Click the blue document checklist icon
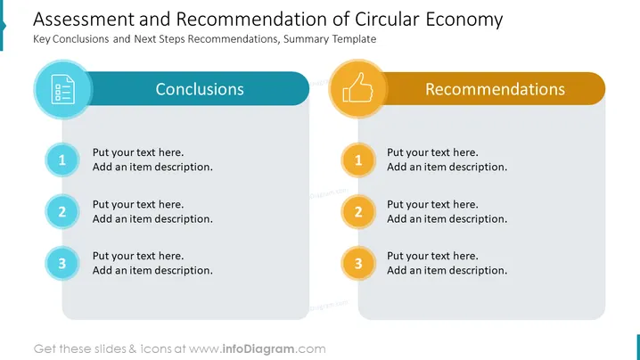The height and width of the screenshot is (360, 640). (63, 89)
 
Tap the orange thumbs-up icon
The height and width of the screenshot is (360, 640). (358, 87)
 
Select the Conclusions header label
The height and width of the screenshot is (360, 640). (200, 89)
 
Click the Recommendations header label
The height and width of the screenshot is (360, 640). (495, 89)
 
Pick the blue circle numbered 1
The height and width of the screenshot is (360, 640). (62, 160)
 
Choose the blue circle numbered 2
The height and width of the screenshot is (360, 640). (62, 211)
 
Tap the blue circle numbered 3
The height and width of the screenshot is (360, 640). (62, 263)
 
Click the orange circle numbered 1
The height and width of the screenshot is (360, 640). (358, 160)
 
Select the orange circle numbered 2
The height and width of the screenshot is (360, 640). (358, 211)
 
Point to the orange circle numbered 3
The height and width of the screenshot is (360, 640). (358, 263)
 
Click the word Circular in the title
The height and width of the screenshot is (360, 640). (387, 20)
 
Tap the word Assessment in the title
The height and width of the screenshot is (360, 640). (84, 20)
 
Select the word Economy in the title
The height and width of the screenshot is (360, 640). (464, 20)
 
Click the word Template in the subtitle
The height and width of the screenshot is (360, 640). (354, 39)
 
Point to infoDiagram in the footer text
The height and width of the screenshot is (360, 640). (258, 349)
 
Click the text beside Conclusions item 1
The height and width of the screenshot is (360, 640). (152, 160)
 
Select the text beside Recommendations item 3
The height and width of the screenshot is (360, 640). (447, 263)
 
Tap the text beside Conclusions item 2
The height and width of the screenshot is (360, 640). (152, 211)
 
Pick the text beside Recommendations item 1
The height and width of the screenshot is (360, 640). (447, 160)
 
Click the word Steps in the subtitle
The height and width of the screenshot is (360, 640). (172, 39)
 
